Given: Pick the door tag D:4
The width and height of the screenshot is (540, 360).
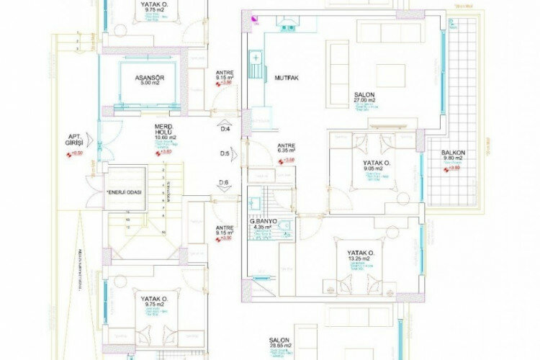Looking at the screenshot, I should click(x=225, y=129).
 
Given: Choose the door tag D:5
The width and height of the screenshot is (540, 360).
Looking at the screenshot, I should click(x=225, y=153).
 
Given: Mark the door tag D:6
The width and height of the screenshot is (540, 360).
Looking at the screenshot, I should click(x=225, y=182).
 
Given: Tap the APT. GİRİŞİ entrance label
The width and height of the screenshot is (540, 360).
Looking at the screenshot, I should click(x=73, y=139).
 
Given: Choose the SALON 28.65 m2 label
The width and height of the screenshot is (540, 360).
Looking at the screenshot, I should click(x=280, y=343).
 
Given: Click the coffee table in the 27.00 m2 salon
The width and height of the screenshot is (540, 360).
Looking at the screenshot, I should click(x=390, y=75).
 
